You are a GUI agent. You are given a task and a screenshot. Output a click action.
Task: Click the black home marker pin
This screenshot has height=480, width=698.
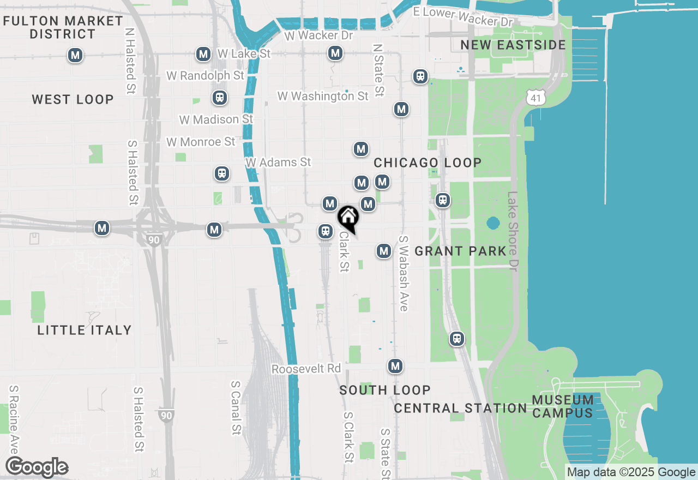click(348, 218)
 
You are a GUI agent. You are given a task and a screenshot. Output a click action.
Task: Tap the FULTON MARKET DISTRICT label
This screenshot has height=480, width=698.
click(63, 27)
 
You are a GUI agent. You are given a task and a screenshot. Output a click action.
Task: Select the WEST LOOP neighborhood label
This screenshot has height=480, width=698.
click(73, 99)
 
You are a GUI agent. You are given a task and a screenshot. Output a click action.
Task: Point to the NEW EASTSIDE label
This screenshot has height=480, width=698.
click(513, 45)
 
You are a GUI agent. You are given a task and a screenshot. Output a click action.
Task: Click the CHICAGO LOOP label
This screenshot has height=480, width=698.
click(428, 163)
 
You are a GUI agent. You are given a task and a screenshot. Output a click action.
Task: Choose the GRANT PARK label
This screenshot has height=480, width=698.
click(461, 251)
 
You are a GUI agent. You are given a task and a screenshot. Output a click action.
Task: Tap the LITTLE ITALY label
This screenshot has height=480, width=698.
click(85, 330)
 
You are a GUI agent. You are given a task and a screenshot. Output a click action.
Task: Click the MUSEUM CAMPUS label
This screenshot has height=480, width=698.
click(563, 406)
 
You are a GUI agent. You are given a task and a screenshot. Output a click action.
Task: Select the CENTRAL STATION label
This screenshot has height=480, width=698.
click(460, 408)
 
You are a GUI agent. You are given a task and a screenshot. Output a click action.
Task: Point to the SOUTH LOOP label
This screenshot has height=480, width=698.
click(385, 390)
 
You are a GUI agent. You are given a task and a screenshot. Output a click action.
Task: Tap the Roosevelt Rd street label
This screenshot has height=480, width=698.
click(306, 369)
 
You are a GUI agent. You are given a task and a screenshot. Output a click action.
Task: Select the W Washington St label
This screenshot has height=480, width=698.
click(323, 96)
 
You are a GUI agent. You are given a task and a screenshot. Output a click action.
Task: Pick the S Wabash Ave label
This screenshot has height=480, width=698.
click(404, 273)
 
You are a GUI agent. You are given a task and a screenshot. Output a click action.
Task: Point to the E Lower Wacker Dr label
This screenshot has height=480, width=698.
click(463, 16)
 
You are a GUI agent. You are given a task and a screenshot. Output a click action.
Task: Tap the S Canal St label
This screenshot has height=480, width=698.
click(236, 407)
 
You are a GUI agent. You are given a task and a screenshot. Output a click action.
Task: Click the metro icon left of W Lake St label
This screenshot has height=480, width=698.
click(203, 54)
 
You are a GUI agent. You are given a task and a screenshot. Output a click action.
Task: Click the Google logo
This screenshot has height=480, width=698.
click(37, 467)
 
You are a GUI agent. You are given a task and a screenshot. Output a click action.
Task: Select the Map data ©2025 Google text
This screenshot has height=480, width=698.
click(631, 472)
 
